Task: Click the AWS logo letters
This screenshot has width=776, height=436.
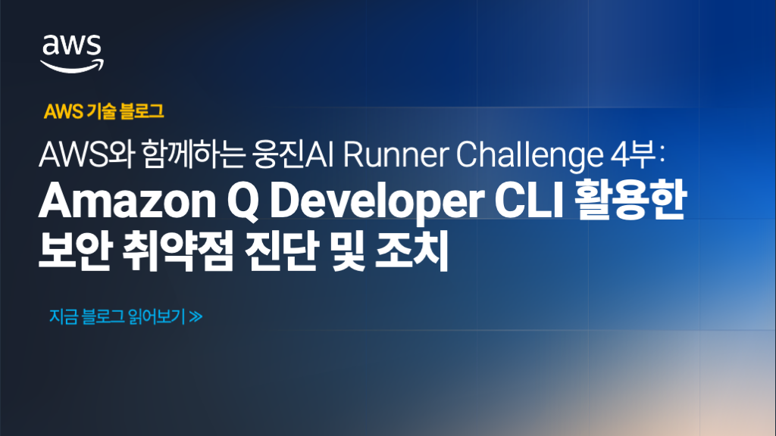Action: coord(72,47)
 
